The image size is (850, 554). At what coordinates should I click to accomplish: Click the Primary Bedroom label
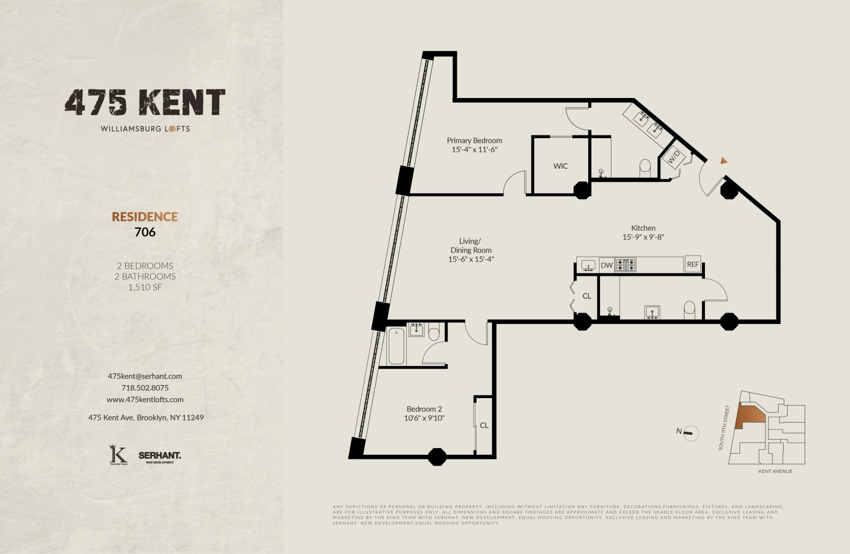coord(474,140)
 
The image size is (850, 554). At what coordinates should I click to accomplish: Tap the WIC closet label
coord(560,166)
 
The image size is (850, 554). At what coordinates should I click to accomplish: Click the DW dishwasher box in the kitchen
coord(607,265)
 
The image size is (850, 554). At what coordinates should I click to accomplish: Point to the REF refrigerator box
coord(692,265)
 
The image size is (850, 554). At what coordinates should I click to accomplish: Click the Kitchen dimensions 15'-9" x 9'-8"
coord(643,237)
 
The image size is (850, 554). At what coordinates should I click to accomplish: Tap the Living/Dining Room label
coord(470,245)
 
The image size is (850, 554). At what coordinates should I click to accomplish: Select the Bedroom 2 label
coord(424,409)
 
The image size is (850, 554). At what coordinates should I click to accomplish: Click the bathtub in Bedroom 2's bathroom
coord(397,346)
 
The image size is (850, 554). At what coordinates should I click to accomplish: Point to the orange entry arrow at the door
coord(724,161)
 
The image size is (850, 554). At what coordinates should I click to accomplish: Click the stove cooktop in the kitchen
coord(626,265)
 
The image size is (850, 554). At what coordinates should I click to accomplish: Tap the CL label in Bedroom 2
coord(484,425)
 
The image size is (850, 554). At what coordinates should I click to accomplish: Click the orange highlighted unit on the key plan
coord(749,418)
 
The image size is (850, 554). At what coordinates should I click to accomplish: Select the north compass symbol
coord(688,433)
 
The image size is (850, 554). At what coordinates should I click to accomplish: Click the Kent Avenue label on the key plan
coord(775,471)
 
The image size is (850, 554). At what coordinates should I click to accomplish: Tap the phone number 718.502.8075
coord(145,388)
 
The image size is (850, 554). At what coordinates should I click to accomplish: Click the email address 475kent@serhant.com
coord(145,376)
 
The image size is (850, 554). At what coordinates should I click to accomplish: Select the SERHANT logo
coord(160,456)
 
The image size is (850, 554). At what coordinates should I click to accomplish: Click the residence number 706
coord(145,232)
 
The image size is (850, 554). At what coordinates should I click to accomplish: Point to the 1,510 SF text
coord(145,287)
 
